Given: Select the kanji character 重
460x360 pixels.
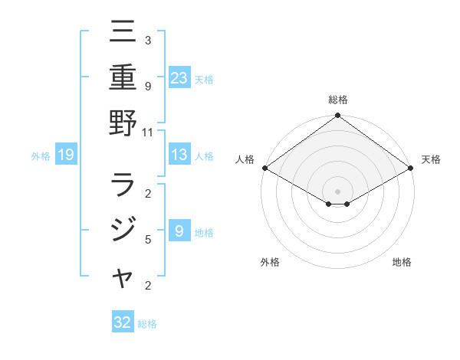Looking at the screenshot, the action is coord(123,77).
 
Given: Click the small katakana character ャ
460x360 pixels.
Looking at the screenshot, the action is coord(123,278).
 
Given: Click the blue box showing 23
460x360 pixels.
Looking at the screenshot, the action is coord(179,77).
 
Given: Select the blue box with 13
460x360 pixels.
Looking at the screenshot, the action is coord(179,155).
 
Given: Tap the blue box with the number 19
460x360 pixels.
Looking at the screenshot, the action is coord(66,155).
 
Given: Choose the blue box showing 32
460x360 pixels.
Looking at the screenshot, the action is coord(123,322).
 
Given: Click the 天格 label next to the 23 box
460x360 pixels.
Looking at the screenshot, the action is coord(204,79).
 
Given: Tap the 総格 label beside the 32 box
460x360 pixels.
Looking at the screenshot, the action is coord(147,324).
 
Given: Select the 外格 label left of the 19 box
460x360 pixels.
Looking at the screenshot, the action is coord(41,156).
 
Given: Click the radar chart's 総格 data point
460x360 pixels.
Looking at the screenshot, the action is coord(337,116).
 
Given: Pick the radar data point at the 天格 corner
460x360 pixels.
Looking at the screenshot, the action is coord(412,168).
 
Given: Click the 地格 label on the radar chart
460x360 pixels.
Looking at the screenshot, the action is coord(402,263).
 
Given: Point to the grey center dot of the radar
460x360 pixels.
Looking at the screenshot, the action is coord(337,190).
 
